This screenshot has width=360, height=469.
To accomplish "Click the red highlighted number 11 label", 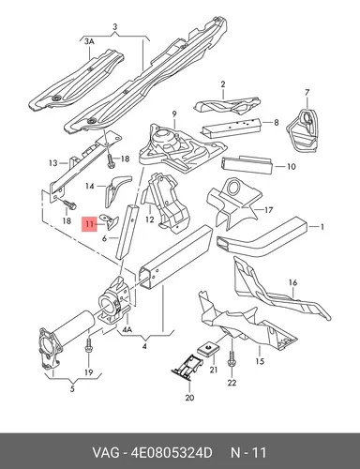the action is coord(89,224).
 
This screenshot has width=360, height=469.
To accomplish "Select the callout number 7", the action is coord(307,93).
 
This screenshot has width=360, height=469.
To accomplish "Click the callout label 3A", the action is coord(89,41).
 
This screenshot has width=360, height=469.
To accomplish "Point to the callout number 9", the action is coord(174,113).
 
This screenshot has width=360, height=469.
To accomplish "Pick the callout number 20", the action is coord(189,398).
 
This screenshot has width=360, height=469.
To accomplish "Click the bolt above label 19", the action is coord(88,344).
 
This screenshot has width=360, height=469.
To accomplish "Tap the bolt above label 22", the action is coord(232,359).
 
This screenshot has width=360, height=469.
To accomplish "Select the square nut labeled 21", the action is coord(207,348).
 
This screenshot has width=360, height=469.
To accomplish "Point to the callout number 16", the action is coord(292,282).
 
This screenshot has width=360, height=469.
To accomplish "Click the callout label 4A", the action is coord(127,329).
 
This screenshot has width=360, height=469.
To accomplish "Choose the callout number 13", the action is coord(53,163).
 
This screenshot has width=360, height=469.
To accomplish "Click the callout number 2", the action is coord(223,84).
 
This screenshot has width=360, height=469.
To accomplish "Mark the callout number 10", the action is coord(291,166).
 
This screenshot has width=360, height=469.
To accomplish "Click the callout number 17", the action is coord(268,210).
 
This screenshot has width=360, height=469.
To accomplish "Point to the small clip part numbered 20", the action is coord(187,369).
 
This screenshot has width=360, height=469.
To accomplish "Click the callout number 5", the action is coord(72,389).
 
